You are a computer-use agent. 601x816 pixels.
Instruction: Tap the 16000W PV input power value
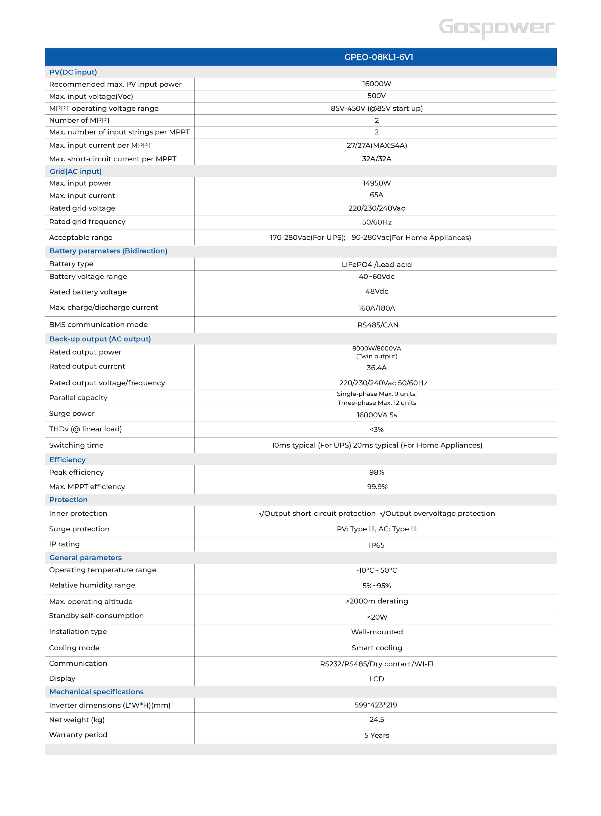(377, 84)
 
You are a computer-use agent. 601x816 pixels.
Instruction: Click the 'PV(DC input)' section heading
(73, 72)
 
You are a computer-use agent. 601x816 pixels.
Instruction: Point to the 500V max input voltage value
(377, 96)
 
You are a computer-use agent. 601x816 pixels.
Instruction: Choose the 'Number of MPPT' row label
(80, 120)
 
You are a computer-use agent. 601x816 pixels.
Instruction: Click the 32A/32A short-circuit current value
(377, 159)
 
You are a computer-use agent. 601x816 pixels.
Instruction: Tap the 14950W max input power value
(377, 183)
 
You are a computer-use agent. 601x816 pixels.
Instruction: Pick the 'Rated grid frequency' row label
(87, 222)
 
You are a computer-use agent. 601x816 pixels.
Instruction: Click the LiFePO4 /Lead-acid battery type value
(377, 265)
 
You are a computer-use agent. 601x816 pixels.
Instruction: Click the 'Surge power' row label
(72, 413)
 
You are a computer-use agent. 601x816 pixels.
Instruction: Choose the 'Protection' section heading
(68, 500)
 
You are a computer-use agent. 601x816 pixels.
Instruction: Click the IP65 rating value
(377, 545)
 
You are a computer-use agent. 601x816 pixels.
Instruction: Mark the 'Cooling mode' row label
(74, 648)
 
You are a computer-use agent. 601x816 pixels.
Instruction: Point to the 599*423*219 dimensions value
(376, 705)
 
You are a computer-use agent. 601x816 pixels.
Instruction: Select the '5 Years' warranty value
(377, 735)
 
